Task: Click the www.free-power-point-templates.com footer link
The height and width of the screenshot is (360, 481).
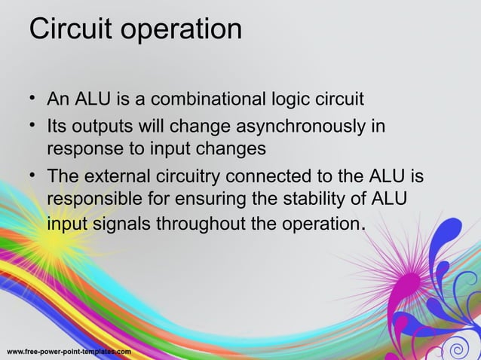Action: (69, 352)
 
